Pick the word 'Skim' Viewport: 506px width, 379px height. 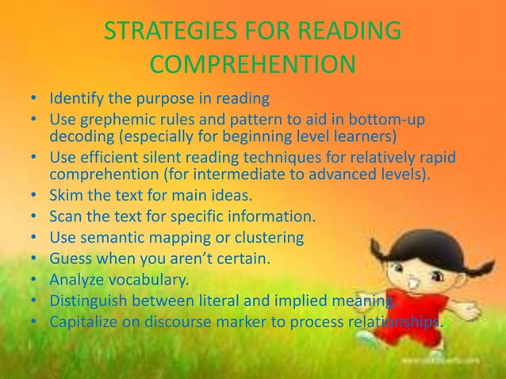[x=66, y=193]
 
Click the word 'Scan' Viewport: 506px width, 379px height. [x=66, y=215]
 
